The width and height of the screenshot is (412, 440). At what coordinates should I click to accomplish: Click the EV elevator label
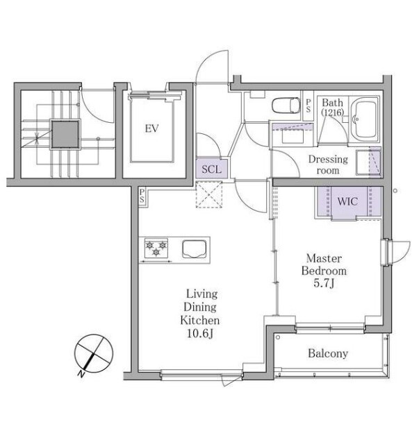(x=152, y=128)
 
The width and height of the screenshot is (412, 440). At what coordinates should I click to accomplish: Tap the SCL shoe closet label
(x=211, y=169)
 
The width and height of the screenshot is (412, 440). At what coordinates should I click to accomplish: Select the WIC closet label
(x=347, y=201)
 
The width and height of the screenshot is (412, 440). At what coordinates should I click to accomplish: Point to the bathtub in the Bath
(x=365, y=119)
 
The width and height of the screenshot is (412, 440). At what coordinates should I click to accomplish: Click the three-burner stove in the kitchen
(x=156, y=248)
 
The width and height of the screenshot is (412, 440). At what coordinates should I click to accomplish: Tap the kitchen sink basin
(x=195, y=249)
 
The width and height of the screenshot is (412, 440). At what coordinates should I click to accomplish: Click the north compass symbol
(x=94, y=353)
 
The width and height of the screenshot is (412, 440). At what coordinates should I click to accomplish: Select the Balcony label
(x=328, y=353)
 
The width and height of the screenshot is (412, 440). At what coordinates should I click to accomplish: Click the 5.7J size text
(x=324, y=283)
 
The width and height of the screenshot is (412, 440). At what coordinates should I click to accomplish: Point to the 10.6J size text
(x=200, y=333)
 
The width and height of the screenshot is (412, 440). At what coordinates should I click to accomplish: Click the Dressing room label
(x=328, y=164)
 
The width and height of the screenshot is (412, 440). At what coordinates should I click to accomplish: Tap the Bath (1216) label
(x=332, y=107)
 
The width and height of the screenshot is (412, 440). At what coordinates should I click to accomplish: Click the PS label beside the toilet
(x=308, y=105)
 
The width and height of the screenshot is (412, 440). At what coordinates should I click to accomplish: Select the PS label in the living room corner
(x=142, y=196)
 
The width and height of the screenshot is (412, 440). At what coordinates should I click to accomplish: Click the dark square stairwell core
(x=65, y=135)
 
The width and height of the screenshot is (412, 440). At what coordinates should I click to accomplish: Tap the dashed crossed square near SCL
(x=209, y=195)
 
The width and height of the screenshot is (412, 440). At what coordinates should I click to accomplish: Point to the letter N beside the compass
(x=81, y=373)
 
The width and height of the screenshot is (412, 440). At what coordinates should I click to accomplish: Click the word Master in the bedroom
(x=324, y=258)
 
